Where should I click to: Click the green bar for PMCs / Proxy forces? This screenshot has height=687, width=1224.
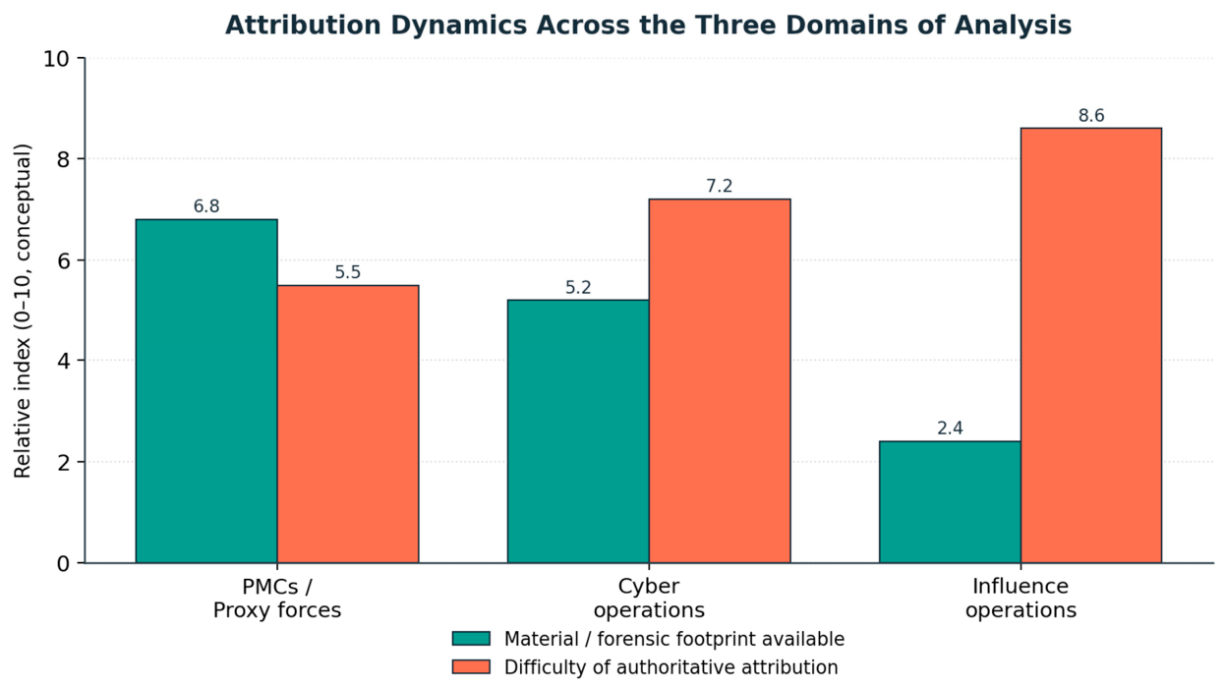206,391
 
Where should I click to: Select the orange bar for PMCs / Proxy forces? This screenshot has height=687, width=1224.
348,424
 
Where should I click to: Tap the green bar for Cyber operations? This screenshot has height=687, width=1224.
578,431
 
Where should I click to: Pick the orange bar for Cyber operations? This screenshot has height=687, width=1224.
720,380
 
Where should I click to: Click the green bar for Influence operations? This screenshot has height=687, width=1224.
951,502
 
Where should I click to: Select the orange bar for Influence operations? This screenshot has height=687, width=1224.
1091,345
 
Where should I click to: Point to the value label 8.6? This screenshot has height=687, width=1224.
1091,116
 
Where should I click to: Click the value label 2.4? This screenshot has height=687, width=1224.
951,429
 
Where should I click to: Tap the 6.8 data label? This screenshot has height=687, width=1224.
206,206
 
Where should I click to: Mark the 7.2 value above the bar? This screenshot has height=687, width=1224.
719,187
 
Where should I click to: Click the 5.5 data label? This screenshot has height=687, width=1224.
348,272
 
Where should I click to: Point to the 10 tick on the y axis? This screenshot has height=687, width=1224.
56,59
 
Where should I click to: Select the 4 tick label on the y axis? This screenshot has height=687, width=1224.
63,361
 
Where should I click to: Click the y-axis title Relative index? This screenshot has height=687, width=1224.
23,312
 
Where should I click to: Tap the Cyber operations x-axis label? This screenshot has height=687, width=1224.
649,598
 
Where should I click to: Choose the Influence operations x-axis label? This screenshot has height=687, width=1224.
1020,598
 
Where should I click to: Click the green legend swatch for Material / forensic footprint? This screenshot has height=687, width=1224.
471,639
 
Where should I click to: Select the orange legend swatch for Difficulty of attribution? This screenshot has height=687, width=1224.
471,666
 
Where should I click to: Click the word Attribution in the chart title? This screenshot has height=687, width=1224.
303,26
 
